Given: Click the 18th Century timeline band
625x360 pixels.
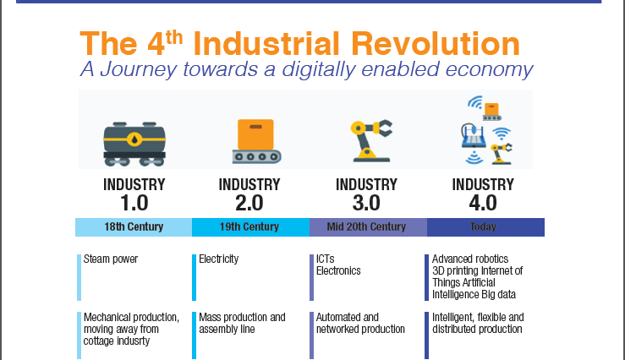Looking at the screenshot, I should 134,227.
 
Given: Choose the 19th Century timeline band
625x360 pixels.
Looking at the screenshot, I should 250,227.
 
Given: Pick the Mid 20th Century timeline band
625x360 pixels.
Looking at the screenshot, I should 368,227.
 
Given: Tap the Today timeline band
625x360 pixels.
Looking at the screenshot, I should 485,227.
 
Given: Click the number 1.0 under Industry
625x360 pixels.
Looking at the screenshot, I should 134,203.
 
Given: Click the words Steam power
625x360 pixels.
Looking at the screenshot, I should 111,259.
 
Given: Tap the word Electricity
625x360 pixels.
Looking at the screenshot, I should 219,259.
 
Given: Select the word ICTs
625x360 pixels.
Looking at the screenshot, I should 326,259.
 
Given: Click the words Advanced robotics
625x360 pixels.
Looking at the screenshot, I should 469,259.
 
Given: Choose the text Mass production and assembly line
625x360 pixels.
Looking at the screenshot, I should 242,323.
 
